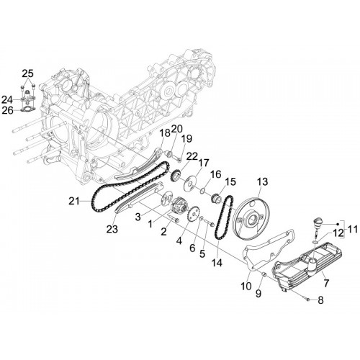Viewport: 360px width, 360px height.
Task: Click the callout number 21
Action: pyautogui.click(x=73, y=201)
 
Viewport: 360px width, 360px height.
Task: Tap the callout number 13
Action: pyautogui.click(x=262, y=181)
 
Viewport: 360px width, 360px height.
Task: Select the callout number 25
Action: pyautogui.click(x=28, y=73)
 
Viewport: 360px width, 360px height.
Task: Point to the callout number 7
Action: pyautogui.click(x=326, y=283)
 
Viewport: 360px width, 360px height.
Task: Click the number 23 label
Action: pyautogui.click(x=112, y=229)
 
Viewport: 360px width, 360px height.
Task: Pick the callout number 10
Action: pyautogui.click(x=246, y=286)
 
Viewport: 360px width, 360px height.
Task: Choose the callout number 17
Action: pyautogui.click(x=204, y=163)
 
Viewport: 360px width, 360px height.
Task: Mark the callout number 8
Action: pyautogui.click(x=321, y=300)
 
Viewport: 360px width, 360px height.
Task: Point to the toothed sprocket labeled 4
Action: pyautogui.click(x=194, y=212)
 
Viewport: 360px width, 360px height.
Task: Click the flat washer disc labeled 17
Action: pyautogui.click(x=189, y=184)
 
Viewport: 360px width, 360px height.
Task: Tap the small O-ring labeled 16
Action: pyautogui.click(x=203, y=191)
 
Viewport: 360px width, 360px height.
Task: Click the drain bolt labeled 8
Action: pyautogui.click(x=307, y=299)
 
